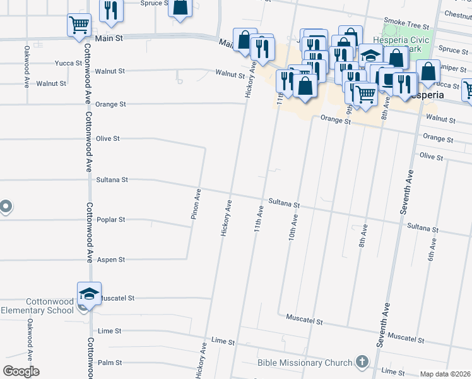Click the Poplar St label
111,220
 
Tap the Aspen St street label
111,260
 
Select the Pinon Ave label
196,204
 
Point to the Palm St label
110,363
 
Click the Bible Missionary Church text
304,363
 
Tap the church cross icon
362,362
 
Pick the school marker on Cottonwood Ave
89,293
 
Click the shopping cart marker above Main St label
79,26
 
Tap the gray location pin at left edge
5,207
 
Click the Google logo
21,371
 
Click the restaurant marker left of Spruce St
112,11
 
